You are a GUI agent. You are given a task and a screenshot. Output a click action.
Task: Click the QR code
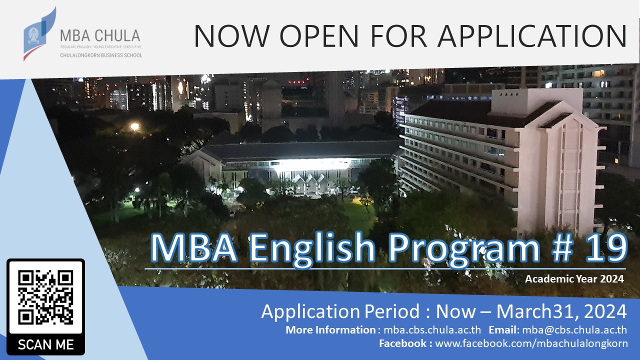tap(45, 297)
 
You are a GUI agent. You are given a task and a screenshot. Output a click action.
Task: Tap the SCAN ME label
tap(45, 344)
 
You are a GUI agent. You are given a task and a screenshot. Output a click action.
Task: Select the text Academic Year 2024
tap(574, 279)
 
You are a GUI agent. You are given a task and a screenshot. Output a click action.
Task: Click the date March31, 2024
tap(561, 311)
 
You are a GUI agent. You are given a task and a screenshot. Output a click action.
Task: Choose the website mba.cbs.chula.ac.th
tap(432, 329)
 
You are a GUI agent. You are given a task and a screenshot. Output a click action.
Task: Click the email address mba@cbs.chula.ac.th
tap(574, 329)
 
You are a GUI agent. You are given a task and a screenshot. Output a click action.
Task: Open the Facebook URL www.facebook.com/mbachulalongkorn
tap(531, 343)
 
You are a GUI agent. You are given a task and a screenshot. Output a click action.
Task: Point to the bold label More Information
tap(329, 329)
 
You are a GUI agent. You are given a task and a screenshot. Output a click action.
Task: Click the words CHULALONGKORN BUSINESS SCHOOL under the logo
tap(100, 55)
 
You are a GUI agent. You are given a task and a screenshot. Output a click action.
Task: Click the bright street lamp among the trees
tap(134, 127)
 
